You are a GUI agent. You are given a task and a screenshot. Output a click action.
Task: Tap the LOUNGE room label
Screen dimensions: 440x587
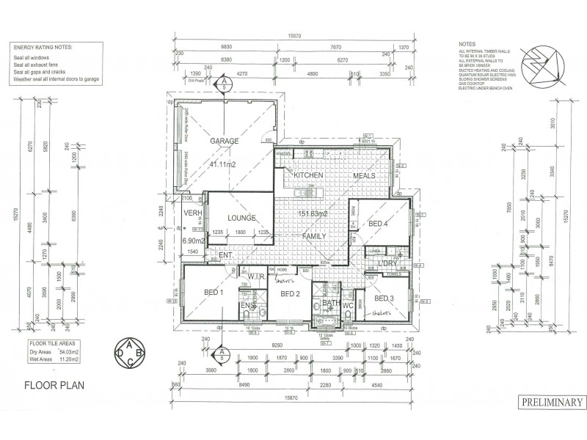click(x=241, y=218)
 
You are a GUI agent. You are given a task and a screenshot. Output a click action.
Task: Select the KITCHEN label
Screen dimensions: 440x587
click(x=309, y=176)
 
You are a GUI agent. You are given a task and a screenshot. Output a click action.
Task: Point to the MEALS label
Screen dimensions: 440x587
click(x=364, y=176)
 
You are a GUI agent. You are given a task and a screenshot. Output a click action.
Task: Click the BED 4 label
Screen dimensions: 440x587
click(x=379, y=223)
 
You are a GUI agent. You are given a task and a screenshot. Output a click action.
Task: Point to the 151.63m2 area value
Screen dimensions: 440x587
click(x=311, y=214)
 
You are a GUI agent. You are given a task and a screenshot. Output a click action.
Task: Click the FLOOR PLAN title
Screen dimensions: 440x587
click(x=54, y=384)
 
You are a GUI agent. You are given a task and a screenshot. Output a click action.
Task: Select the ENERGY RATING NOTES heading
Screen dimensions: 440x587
click(x=42, y=46)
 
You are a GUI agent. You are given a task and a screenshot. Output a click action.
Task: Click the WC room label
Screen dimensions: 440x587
click(x=348, y=304)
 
